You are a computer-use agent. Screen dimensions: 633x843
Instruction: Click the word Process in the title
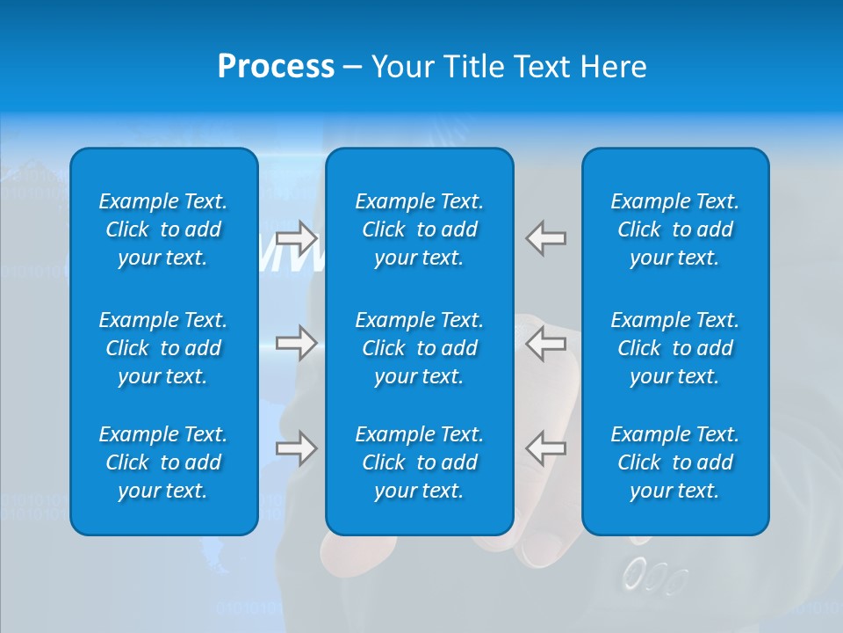pyautogui.click(x=276, y=67)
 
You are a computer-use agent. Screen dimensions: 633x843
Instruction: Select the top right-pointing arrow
pyautogui.click(x=297, y=238)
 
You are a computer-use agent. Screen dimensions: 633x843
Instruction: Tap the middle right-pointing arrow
pyautogui.click(x=297, y=342)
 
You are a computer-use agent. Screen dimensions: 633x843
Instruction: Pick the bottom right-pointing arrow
pyautogui.click(x=297, y=448)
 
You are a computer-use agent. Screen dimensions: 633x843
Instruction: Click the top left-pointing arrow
pyautogui.click(x=545, y=238)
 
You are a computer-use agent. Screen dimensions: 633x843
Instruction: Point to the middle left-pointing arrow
pyautogui.click(x=545, y=342)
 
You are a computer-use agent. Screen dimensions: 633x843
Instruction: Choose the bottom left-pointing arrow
pyautogui.click(x=545, y=448)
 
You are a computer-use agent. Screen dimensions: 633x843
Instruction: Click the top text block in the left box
pyautogui.click(x=163, y=229)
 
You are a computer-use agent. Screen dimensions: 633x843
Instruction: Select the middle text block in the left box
pyautogui.click(x=163, y=348)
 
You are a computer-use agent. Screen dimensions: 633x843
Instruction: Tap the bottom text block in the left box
pyautogui.click(x=163, y=462)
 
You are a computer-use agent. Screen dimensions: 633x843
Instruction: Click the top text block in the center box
pyautogui.click(x=419, y=229)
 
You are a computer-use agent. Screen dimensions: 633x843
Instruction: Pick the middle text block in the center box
pyautogui.click(x=419, y=348)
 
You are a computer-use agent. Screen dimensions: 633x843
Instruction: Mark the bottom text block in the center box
pyautogui.click(x=419, y=462)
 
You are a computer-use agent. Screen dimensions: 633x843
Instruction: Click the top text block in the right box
pyautogui.click(x=674, y=229)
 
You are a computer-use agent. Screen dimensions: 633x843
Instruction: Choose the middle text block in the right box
pyautogui.click(x=674, y=348)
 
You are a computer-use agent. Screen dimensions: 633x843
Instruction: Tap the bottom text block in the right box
pyautogui.click(x=674, y=462)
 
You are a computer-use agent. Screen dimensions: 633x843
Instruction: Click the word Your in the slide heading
pyautogui.click(x=403, y=67)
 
